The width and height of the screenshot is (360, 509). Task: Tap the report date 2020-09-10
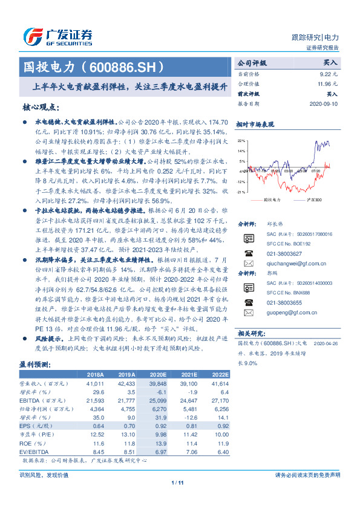point(324,104)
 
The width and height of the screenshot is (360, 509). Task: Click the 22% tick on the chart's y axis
point(241,140)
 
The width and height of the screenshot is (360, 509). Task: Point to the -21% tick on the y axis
point(241,192)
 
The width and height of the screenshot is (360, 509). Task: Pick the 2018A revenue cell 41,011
point(96,383)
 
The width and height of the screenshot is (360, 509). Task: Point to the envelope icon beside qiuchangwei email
point(248,264)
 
